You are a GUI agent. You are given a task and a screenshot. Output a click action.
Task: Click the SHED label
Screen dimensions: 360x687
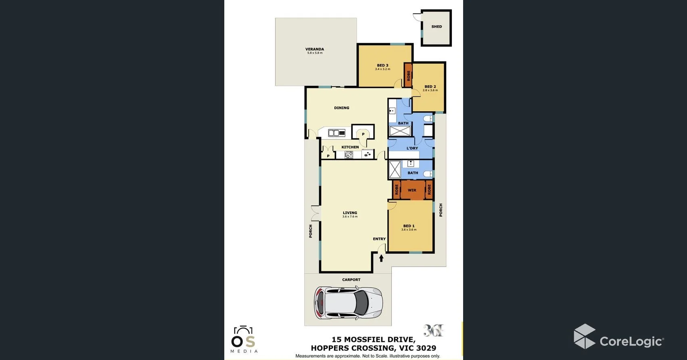[x=436, y=27]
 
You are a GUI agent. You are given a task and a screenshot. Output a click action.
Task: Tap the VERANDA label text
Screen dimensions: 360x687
[x=315, y=49]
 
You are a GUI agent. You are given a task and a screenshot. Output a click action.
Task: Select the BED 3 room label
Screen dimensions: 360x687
[x=382, y=65]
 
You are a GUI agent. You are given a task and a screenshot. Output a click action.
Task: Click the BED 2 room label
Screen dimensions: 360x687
[x=430, y=87]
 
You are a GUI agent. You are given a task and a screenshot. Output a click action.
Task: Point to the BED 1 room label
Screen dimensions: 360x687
[x=409, y=226]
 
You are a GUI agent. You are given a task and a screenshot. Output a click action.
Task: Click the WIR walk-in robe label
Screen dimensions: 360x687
[x=412, y=190]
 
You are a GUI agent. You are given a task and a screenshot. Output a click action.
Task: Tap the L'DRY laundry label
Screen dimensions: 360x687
[x=412, y=148]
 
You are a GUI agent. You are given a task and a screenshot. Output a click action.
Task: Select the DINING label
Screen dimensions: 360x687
[x=342, y=108]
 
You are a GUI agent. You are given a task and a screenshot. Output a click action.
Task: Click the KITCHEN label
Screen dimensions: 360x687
[x=350, y=147]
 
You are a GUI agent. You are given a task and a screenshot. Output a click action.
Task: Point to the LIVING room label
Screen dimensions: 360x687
[x=350, y=213]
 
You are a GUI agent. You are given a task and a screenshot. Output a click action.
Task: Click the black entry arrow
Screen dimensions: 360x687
[x=381, y=258]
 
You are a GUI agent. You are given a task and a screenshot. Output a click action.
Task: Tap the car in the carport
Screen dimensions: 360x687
[x=348, y=303]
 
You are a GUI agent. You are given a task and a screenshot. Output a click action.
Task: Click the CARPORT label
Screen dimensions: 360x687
[x=351, y=280]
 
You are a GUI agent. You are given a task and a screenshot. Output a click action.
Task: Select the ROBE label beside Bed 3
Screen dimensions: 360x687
[x=408, y=75]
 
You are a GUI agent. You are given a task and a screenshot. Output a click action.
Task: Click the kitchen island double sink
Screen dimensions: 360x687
[x=334, y=133]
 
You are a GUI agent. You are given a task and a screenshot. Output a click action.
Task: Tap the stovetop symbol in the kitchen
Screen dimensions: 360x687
[x=349, y=154]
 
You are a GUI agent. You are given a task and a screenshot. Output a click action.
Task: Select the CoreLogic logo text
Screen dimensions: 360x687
[x=631, y=341]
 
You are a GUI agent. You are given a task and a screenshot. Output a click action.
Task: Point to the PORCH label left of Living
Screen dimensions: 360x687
[x=311, y=231]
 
